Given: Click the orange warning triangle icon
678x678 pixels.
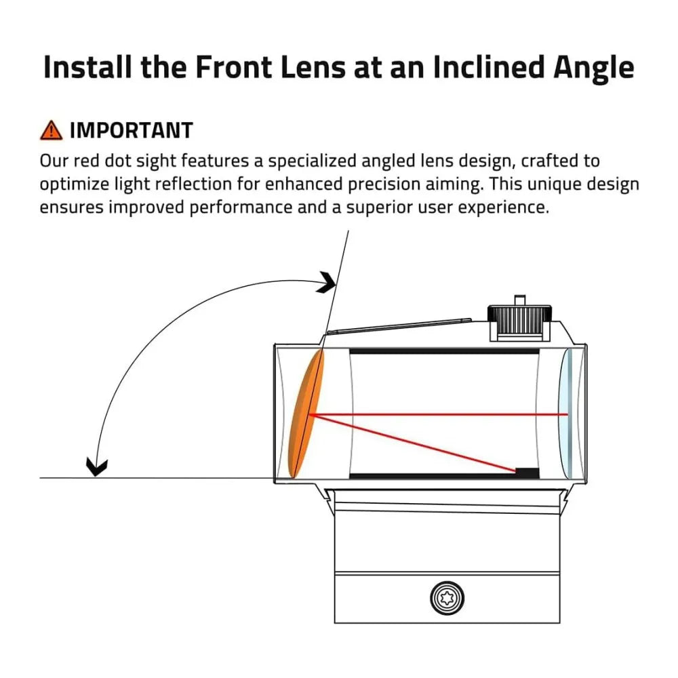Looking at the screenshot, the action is (x=51, y=130).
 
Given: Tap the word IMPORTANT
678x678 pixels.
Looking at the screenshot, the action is (x=132, y=131).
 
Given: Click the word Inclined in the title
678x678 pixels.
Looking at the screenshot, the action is (x=488, y=67).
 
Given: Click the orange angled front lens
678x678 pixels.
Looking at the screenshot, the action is (x=306, y=414).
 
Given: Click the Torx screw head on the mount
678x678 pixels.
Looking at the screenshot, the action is (x=447, y=599).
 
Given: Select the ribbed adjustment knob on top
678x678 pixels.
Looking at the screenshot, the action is (x=519, y=320).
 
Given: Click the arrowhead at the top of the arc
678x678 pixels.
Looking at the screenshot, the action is (x=327, y=282).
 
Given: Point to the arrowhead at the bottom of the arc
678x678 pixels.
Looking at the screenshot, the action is (x=96, y=466).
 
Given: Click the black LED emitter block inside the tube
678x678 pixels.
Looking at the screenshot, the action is (x=527, y=473).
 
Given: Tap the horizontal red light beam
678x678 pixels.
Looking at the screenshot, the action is (x=439, y=415).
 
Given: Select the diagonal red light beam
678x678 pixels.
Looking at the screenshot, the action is (x=413, y=443).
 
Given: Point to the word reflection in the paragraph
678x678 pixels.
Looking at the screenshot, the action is (x=193, y=184).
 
